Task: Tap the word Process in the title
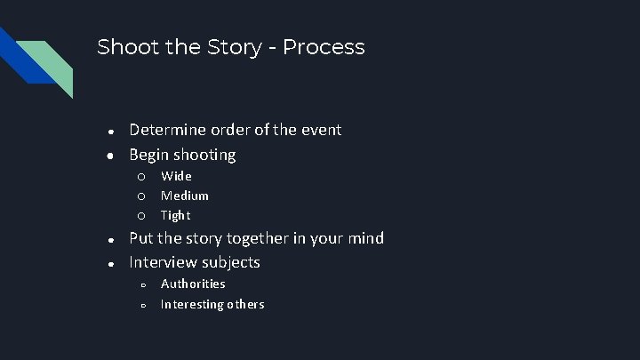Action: (x=325, y=47)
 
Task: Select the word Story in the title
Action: (x=217, y=47)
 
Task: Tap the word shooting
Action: (x=205, y=156)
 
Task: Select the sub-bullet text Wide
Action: (x=176, y=176)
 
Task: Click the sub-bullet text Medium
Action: (x=185, y=196)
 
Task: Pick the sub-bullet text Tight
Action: (x=175, y=215)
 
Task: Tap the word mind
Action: (x=364, y=238)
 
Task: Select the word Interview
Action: (x=164, y=262)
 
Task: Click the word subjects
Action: (x=231, y=263)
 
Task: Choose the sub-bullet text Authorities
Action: (x=193, y=284)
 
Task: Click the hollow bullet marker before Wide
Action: (x=140, y=176)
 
